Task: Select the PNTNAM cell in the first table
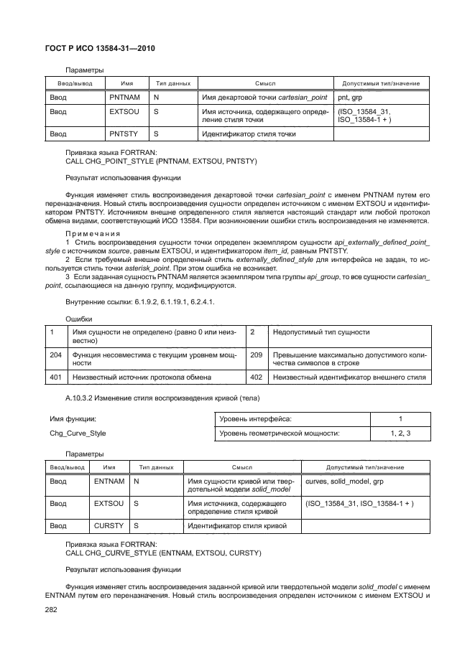coord(123,97)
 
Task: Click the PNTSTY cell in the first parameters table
coord(123,133)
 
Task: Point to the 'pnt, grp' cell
coord(349,97)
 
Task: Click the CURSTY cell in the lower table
coord(109,526)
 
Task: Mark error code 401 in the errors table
coord(55,377)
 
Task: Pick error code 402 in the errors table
coord(256,377)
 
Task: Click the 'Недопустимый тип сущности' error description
coord(321,332)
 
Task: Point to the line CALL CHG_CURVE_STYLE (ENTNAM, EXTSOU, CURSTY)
coord(153,553)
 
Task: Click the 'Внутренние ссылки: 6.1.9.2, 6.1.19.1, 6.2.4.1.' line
coord(139,302)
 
